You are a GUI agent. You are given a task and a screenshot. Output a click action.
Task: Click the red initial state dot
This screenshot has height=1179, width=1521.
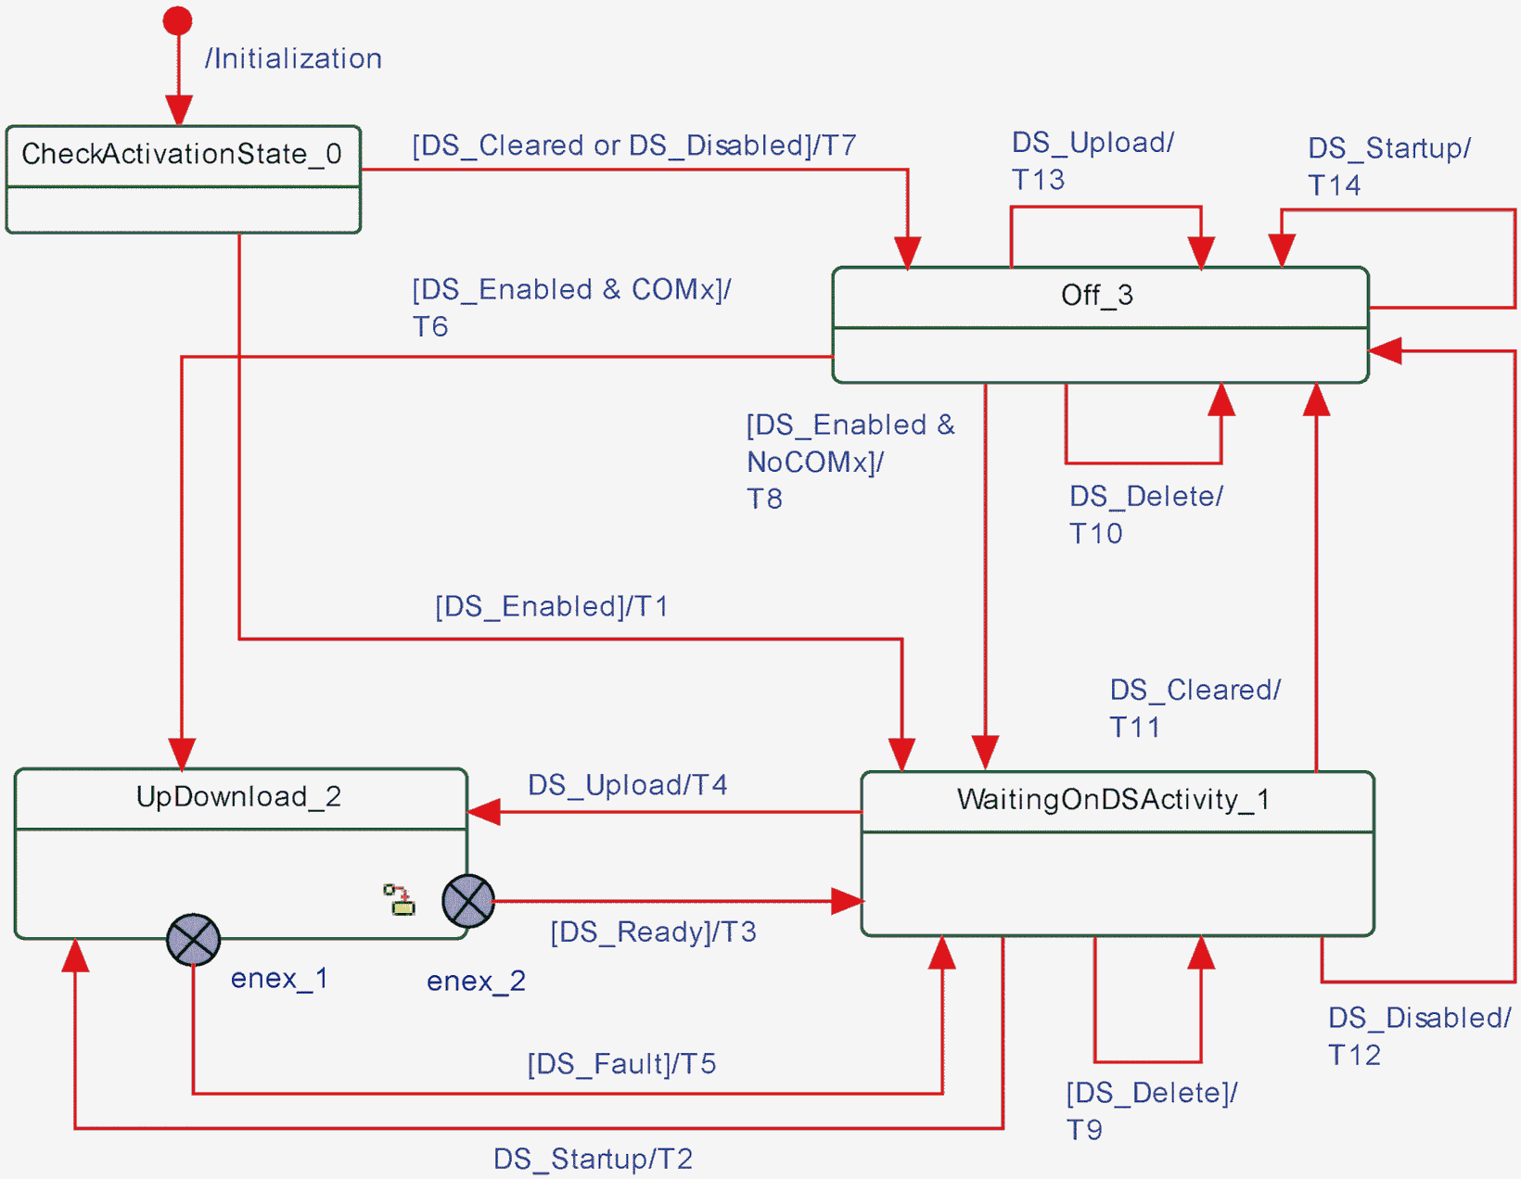[177, 20]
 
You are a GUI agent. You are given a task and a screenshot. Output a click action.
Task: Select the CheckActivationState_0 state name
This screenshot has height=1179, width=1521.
[182, 154]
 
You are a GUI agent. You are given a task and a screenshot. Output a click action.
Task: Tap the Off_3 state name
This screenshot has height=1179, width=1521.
[1097, 296]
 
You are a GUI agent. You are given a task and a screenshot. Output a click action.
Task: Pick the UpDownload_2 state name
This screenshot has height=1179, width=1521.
[238, 797]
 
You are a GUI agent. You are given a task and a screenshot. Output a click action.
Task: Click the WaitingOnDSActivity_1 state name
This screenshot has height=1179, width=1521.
[1113, 800]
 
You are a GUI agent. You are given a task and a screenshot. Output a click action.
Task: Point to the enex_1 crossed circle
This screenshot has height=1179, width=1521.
[193, 940]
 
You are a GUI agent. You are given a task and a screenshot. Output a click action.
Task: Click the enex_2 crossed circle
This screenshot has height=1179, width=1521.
[468, 901]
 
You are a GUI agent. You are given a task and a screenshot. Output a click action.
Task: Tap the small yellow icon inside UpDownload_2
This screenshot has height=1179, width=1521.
[401, 900]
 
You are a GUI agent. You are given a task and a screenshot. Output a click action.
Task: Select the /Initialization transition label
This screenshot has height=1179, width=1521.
[293, 59]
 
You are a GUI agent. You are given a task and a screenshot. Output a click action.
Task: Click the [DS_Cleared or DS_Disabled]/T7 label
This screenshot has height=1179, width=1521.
[633, 146]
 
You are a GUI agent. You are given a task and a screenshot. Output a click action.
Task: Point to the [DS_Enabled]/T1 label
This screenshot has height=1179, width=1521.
[552, 607]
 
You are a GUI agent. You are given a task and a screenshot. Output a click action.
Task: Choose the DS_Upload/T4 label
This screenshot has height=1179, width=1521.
[627, 786]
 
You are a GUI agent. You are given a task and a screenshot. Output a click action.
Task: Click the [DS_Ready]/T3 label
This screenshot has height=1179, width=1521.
[653, 932]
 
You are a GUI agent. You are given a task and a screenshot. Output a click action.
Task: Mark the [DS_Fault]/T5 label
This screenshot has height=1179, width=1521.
[621, 1064]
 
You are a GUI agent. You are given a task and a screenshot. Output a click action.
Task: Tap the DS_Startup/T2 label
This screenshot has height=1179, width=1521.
[593, 1160]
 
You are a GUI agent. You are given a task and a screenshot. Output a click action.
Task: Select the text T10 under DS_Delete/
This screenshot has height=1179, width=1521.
[1095, 534]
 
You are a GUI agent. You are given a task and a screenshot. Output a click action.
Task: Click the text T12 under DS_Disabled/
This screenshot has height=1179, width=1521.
[1354, 1056]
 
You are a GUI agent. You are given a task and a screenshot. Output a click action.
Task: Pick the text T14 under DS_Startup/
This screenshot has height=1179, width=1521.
[1334, 185]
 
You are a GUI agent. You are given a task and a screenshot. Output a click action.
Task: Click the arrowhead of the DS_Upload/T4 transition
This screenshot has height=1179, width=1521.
[483, 813]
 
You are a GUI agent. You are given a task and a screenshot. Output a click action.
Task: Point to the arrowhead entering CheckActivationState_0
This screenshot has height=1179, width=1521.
[178, 110]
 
